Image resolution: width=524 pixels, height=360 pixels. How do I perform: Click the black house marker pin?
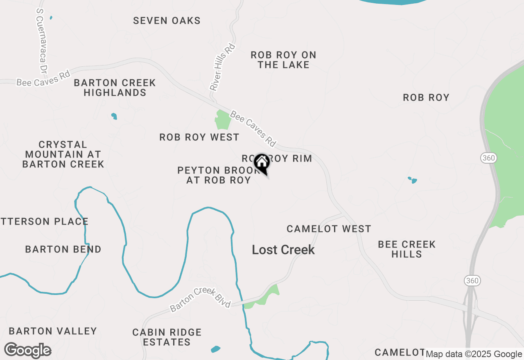coord(262,163)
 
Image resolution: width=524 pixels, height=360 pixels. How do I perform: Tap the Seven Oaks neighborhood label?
coord(167,20)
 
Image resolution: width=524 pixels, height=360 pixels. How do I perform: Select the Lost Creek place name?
coord(283,250)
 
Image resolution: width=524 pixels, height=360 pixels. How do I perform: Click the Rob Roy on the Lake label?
coord(283,60)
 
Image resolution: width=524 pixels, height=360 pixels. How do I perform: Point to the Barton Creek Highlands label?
coord(115,88)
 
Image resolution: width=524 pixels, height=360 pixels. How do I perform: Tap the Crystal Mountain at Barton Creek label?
coord(63,154)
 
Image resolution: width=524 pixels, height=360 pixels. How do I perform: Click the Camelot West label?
coord(329,229)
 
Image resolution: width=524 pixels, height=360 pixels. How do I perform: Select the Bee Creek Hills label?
coord(407,249)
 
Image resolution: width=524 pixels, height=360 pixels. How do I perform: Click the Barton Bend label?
coord(63,249)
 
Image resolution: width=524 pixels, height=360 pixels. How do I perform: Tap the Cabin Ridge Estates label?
coord(167,337)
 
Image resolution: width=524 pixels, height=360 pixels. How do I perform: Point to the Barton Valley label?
coord(53,331)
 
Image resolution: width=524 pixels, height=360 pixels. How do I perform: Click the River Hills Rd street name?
coord(223,67)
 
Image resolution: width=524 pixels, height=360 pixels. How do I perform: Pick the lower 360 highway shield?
coord(472,281)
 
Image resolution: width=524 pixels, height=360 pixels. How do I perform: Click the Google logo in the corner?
coord(27,351)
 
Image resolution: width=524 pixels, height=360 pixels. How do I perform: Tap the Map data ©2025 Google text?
coord(474,354)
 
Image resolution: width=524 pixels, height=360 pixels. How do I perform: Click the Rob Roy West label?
coord(199,137)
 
